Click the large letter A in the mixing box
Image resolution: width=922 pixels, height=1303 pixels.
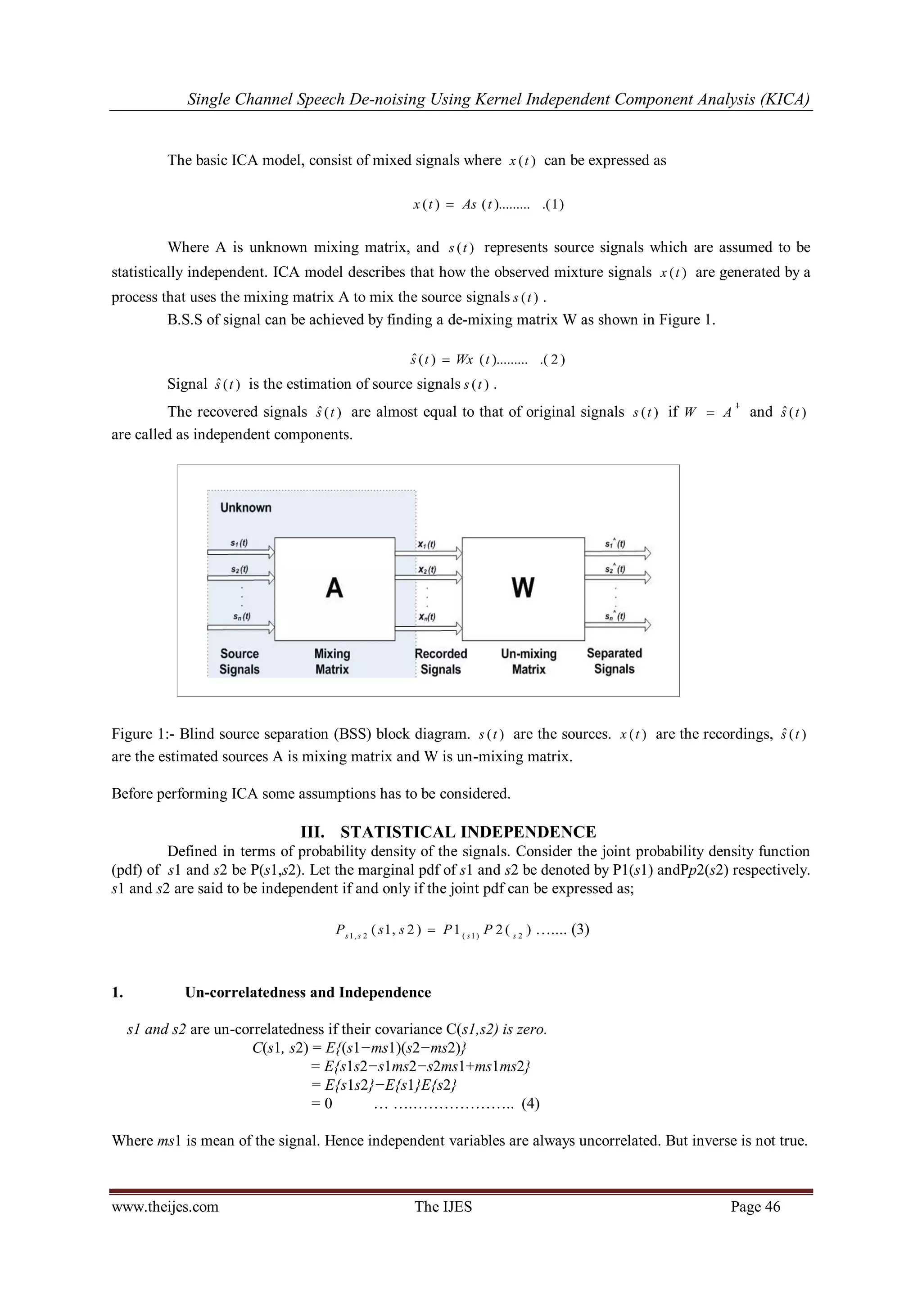coord(334,587)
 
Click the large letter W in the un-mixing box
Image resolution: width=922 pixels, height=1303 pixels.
coord(523,587)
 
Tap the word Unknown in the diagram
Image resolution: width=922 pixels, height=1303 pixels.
coord(246,508)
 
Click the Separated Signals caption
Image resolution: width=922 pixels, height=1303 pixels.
coord(614,661)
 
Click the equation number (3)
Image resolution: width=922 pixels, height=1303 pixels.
coord(580,930)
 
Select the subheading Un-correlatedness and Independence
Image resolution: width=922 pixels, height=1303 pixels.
coord(308,993)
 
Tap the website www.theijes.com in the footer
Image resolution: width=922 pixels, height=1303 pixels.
coord(165,1207)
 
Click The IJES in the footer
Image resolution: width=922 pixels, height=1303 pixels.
coord(443,1207)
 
